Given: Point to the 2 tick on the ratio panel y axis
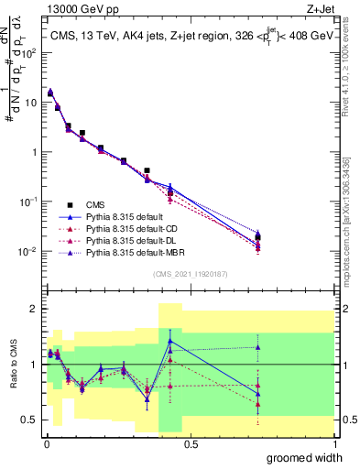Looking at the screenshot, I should pos(34,309).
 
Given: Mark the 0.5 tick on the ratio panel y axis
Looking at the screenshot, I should pos(29,420).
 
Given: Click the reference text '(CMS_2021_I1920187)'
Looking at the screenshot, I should pos(190,273).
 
